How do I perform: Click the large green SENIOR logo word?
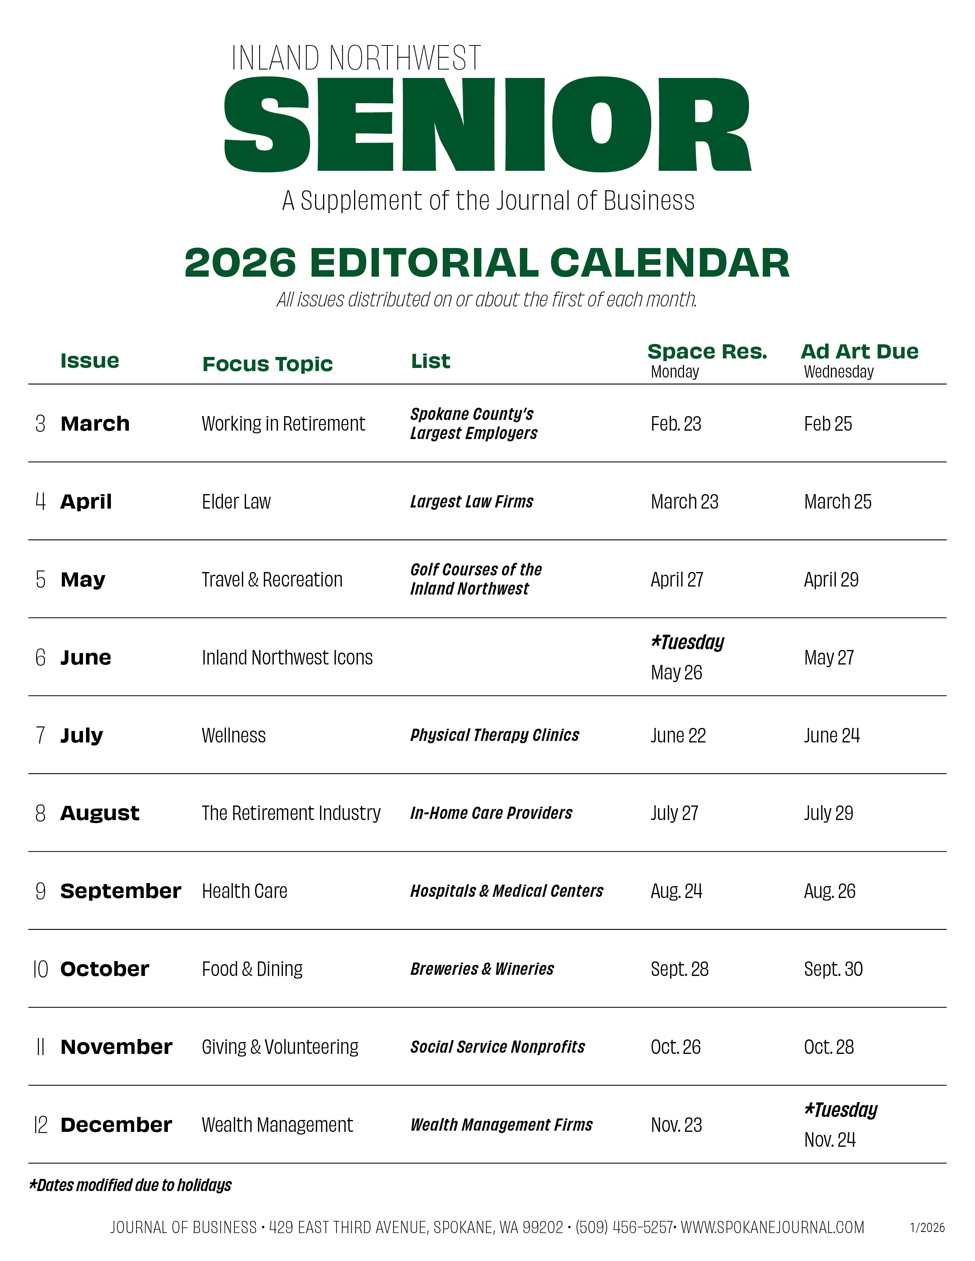(487, 124)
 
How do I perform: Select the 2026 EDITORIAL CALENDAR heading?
(487, 263)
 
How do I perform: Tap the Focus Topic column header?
(267, 364)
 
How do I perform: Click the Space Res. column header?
(707, 352)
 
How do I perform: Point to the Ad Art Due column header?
(860, 352)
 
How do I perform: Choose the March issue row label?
(95, 424)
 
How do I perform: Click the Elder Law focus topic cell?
(236, 502)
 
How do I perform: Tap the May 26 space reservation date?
(676, 673)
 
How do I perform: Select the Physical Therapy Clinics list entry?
(494, 735)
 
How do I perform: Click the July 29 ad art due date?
(828, 813)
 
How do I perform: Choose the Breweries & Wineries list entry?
(482, 969)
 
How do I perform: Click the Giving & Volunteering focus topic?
(280, 1047)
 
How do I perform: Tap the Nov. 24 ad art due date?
(829, 1140)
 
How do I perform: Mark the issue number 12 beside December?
(41, 1125)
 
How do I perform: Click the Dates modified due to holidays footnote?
(130, 1185)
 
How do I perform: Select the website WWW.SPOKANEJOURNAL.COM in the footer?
(772, 1227)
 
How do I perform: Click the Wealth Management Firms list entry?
(501, 1125)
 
